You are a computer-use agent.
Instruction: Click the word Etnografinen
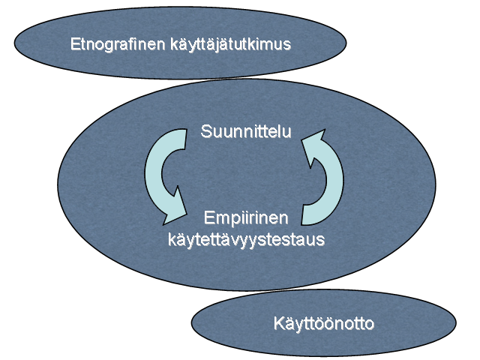[118, 44]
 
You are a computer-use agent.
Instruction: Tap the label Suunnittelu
[246, 132]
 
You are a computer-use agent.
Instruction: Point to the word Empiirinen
[246, 219]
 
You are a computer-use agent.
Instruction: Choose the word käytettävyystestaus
[247, 239]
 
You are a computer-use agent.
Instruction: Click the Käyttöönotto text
[324, 323]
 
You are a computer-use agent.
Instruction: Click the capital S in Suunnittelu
[206, 132]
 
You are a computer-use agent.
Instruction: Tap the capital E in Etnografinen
[75, 44]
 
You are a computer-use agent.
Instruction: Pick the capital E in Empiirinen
[209, 218]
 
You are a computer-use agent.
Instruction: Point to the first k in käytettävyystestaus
[172, 238]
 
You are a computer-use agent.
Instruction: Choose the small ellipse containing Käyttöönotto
[324, 323]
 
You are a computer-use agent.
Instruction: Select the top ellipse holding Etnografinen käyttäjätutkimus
[180, 43]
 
